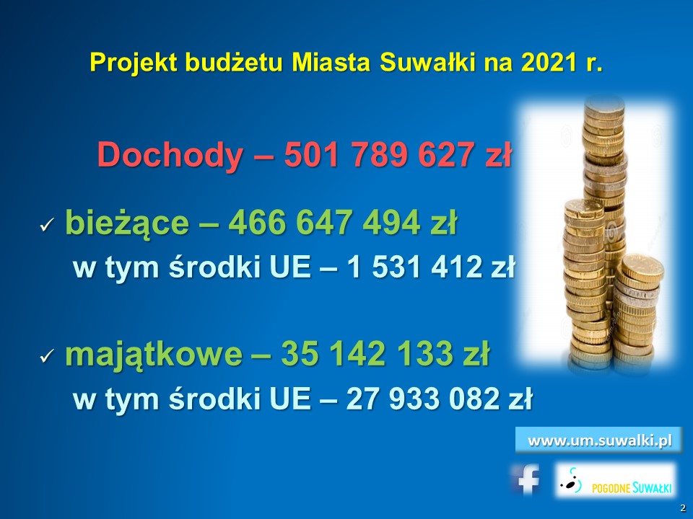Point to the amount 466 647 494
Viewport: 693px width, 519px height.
coord(323,221)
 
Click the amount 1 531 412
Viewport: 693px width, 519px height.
coord(414,267)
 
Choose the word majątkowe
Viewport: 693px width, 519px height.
coord(154,355)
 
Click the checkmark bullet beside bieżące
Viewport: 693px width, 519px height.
coord(46,226)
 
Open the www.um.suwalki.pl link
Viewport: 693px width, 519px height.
coord(599,440)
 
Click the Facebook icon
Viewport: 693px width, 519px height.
coord(526,479)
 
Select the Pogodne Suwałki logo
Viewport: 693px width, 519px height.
coord(616,481)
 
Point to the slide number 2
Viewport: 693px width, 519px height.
coord(684,507)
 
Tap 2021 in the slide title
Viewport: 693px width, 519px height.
coord(546,63)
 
